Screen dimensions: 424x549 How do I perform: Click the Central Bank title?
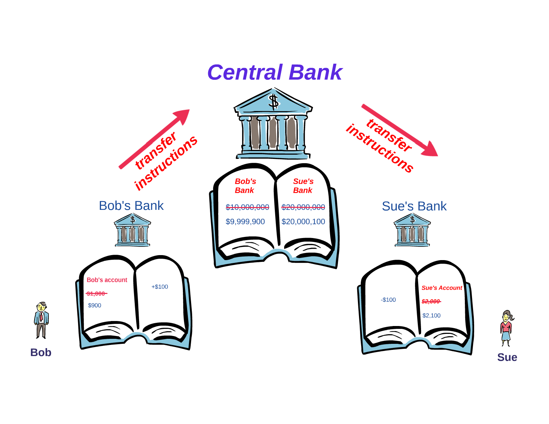(274, 72)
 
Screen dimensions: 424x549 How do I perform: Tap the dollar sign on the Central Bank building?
(273, 102)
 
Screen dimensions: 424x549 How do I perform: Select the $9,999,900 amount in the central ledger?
(245, 222)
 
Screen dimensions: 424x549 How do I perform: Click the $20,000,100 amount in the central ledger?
(303, 222)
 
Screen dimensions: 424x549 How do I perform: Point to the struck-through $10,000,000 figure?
(247, 207)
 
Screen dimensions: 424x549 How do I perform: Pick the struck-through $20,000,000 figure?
(303, 207)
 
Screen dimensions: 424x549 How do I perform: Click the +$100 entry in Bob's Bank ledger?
(160, 287)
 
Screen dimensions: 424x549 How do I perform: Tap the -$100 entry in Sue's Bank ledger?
(388, 300)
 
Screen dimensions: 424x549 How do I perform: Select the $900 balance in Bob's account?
(94, 305)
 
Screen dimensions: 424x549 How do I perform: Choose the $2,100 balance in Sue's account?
(431, 316)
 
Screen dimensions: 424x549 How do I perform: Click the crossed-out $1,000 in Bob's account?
(96, 294)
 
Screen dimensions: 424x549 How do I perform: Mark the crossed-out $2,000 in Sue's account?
(431, 301)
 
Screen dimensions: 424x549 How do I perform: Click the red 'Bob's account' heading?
(107, 280)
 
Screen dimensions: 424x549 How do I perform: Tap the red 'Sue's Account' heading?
(442, 288)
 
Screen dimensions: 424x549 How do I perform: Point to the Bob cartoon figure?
(41, 320)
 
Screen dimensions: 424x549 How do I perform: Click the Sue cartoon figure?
(506, 328)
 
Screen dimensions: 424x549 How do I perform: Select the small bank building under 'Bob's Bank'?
(132, 230)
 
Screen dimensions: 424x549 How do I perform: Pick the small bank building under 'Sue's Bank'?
(412, 230)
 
